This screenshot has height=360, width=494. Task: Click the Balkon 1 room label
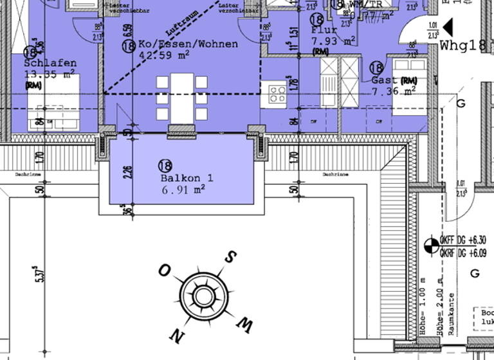pyautogui.click(x=182, y=178)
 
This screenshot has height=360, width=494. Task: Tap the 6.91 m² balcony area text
pyautogui.click(x=182, y=189)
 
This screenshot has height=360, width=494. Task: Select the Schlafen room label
pyautogui.click(x=50, y=64)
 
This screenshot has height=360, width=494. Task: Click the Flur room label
pyautogui.click(x=324, y=30)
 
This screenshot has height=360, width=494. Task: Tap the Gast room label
pyautogui.click(x=384, y=80)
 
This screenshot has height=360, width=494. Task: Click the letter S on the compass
pyautogui.click(x=229, y=256)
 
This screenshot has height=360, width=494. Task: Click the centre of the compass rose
pyautogui.click(x=203, y=296)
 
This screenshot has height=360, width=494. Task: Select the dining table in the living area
pyautogui.click(x=183, y=97)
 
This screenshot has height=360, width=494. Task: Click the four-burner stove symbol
pyautogui.click(x=277, y=94)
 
